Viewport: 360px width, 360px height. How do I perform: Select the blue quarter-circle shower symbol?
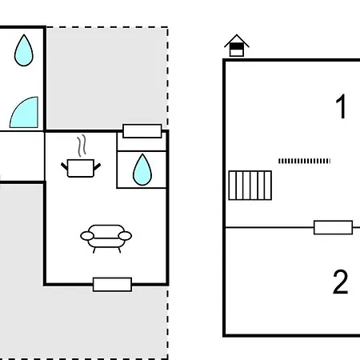(x=26, y=114)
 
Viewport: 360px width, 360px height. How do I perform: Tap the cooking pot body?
(x=81, y=168)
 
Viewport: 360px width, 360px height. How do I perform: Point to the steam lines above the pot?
(x=82, y=146)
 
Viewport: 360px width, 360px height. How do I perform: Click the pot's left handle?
(x=64, y=166)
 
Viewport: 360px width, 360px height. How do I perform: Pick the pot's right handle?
(x=97, y=166)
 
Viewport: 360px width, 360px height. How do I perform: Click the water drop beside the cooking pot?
(x=142, y=170)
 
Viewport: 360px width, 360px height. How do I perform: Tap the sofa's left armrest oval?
(x=87, y=236)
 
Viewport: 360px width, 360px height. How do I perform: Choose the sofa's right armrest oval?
(x=125, y=236)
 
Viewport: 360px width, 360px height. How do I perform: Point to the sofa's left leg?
(x=94, y=250)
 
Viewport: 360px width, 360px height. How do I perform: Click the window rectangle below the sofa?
(x=112, y=285)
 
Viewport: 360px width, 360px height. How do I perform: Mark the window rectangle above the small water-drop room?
(x=142, y=131)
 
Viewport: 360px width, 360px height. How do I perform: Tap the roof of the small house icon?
(x=237, y=41)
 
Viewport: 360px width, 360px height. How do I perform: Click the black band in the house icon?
(x=237, y=46)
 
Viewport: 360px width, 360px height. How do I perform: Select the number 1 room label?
(x=341, y=106)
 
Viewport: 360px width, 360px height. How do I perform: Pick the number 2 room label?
(x=341, y=282)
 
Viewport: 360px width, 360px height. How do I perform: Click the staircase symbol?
(x=250, y=186)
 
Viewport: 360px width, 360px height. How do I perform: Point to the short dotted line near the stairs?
(x=305, y=161)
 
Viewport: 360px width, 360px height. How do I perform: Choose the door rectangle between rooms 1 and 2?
(x=333, y=227)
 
